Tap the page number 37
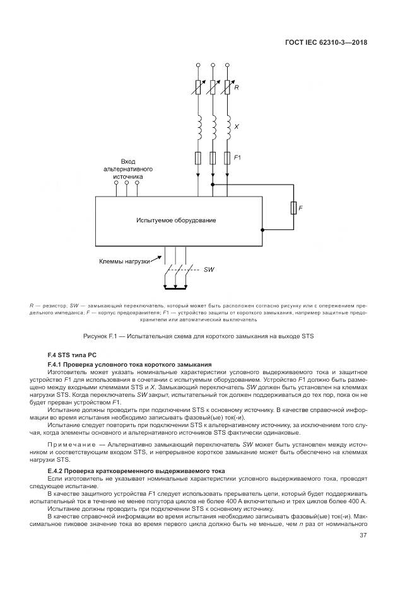point(363,535)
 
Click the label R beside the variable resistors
point(236,88)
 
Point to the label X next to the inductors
point(236,127)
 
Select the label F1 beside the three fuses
point(238,157)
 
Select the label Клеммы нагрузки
point(124,261)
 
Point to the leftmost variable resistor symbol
point(198,88)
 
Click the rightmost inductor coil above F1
point(226,129)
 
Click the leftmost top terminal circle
point(198,65)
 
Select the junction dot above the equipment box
point(213,185)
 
